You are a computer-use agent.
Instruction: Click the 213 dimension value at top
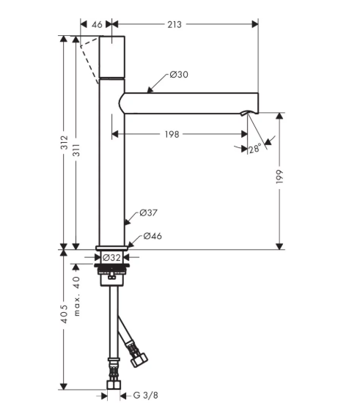click(175, 24)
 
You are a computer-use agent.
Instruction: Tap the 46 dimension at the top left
click(97, 24)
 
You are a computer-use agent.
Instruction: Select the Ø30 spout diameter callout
click(179, 75)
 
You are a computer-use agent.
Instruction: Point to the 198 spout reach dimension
click(172, 134)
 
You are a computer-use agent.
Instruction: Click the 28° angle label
click(254, 149)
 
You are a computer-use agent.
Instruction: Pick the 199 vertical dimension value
click(279, 177)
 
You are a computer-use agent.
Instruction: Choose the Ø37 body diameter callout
click(149, 212)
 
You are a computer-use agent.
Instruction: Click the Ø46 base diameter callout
click(153, 236)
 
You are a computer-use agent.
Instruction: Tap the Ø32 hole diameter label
click(111, 257)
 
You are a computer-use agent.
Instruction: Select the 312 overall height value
click(65, 142)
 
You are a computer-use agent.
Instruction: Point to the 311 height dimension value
click(76, 150)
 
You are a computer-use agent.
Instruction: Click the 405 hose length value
click(64, 314)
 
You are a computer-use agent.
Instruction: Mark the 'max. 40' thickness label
click(76, 296)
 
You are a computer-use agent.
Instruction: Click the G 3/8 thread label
click(146, 395)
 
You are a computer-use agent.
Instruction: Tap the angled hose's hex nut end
click(139, 360)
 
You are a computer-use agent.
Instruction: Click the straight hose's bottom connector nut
click(114, 385)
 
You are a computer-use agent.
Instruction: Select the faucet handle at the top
click(111, 57)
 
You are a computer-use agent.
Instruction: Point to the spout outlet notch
click(245, 113)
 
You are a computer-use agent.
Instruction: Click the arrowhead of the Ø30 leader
click(150, 90)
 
